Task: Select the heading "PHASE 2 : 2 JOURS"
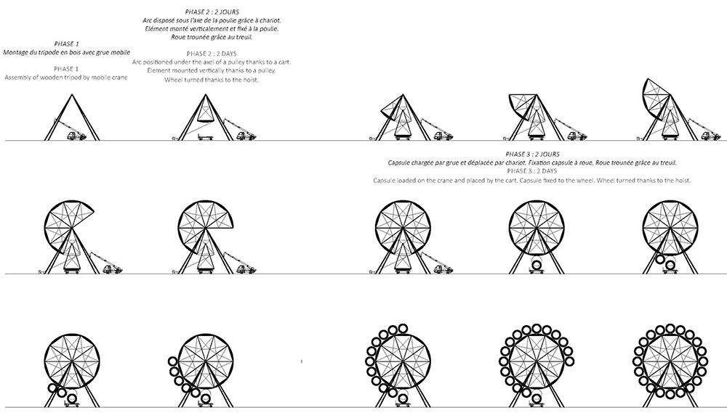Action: click(212, 12)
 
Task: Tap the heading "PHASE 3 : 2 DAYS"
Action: click(532, 171)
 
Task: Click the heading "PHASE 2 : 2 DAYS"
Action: click(212, 54)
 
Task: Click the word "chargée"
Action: click(420, 163)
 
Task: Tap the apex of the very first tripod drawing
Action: click(72, 95)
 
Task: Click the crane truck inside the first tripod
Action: click(76, 135)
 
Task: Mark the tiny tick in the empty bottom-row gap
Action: click(302, 361)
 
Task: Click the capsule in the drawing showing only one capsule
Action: click(537, 266)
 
